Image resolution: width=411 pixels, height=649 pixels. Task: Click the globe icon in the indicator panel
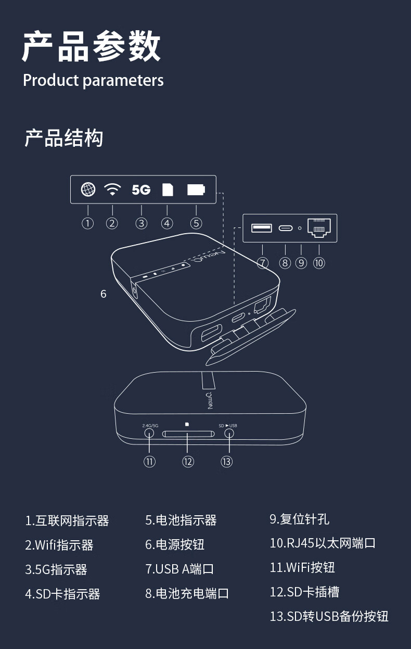point(88,190)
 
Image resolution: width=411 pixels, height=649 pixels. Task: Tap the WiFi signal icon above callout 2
point(112,190)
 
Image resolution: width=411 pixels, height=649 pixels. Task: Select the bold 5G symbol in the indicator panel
point(141,190)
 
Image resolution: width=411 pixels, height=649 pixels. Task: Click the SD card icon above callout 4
point(167,190)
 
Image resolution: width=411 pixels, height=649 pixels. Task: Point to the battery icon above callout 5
point(196,190)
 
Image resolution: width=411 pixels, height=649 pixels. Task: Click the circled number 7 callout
point(263,263)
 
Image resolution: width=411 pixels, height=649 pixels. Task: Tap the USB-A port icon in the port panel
point(262,228)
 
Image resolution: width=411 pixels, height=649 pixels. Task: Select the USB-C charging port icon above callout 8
point(285,228)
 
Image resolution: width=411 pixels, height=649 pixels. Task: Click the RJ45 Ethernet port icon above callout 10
point(319,227)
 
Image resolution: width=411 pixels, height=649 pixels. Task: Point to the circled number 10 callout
point(319,263)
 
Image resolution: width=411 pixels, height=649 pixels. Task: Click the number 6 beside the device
point(104,294)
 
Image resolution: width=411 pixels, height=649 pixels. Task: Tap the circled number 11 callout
point(150,462)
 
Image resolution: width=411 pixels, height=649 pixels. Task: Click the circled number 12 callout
point(188,462)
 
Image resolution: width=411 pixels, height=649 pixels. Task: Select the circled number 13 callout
point(226,462)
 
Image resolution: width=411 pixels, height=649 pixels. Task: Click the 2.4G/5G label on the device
point(150,426)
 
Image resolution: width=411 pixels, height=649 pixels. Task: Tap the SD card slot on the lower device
point(188,434)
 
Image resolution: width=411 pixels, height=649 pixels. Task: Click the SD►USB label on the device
point(227,426)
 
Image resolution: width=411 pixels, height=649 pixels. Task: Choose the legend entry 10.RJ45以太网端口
point(323,543)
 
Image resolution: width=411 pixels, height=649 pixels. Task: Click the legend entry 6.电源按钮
point(175,544)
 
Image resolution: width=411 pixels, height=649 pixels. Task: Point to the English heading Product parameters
point(93,80)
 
